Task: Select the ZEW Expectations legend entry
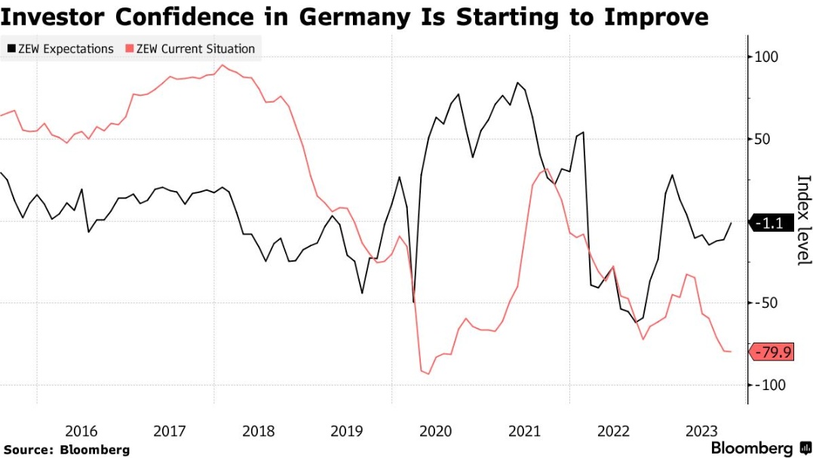pos(60,49)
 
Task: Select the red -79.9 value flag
pos(772,352)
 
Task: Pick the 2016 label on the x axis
pos(81,432)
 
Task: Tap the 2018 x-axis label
pos(259,432)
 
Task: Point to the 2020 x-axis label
pos(436,432)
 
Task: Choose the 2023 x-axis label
pos(701,432)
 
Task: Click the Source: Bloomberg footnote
pos(66,450)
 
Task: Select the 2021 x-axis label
pos(524,432)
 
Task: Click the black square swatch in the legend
pos(11,49)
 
